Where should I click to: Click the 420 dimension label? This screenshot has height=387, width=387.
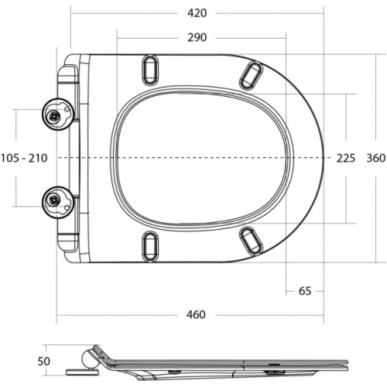click(x=197, y=13)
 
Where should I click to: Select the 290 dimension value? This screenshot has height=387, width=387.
click(x=197, y=38)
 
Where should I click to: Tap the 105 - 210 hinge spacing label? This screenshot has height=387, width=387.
click(x=24, y=158)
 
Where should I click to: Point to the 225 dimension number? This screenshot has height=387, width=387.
click(x=346, y=158)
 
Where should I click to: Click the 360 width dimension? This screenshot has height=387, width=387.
click(x=376, y=158)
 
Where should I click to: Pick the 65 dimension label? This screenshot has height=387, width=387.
click(x=305, y=291)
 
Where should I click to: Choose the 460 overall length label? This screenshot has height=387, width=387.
click(x=196, y=314)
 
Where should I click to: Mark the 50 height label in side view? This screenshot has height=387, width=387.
click(x=43, y=361)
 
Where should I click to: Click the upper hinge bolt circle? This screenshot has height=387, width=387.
click(x=58, y=115)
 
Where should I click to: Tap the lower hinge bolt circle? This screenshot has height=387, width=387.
click(x=58, y=202)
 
